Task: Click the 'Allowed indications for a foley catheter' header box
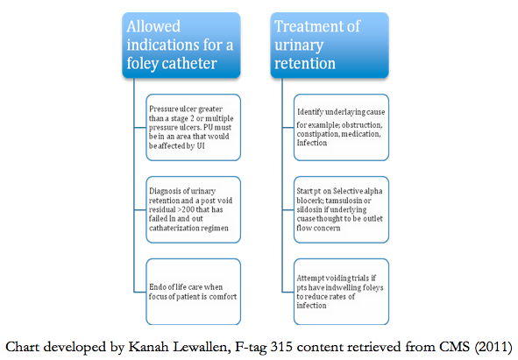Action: click(x=181, y=46)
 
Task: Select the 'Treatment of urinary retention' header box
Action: click(x=330, y=46)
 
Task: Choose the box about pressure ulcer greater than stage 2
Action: click(x=193, y=128)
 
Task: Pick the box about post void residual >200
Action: click(x=193, y=209)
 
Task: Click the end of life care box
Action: click(x=193, y=292)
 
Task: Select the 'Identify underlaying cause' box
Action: click(x=341, y=128)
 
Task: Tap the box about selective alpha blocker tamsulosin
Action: click(x=341, y=209)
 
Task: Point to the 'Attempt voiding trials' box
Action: click(x=341, y=292)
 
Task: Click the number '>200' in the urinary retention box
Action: click(x=185, y=209)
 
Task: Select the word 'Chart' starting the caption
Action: click(x=22, y=347)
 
